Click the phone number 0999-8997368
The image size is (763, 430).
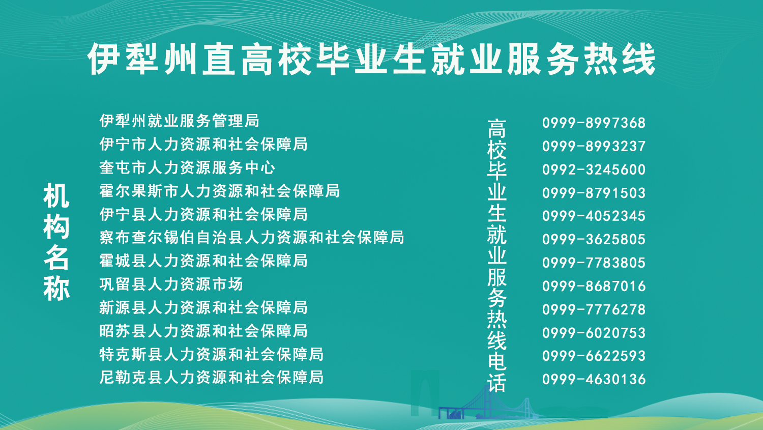coord(594,123)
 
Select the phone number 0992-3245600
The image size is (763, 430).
coord(594,169)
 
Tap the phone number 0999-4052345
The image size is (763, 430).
coord(594,216)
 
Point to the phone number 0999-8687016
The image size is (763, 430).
coord(594,286)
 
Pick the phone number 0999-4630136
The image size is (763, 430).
coord(594,379)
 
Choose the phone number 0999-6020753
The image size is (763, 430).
coord(594,333)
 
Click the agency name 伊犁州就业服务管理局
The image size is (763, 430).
coord(180,121)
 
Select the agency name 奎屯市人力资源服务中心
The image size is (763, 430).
coord(187,167)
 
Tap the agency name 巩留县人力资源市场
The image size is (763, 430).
coord(171,284)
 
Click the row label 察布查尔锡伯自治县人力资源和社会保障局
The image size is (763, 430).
coord(252,237)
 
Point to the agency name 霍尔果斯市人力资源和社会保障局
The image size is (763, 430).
coord(220,191)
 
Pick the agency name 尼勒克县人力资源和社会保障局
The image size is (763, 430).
coord(212,377)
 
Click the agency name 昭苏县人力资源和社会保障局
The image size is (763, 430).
coord(203,330)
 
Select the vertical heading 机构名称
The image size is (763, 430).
coord(56,242)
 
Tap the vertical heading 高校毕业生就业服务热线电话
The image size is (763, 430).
coord(497,255)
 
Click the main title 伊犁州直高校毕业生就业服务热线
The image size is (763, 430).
coord(372,59)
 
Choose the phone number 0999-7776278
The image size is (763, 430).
coord(594,309)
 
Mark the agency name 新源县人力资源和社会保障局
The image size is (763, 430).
coord(203,307)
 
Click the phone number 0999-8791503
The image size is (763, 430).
coord(594,193)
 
